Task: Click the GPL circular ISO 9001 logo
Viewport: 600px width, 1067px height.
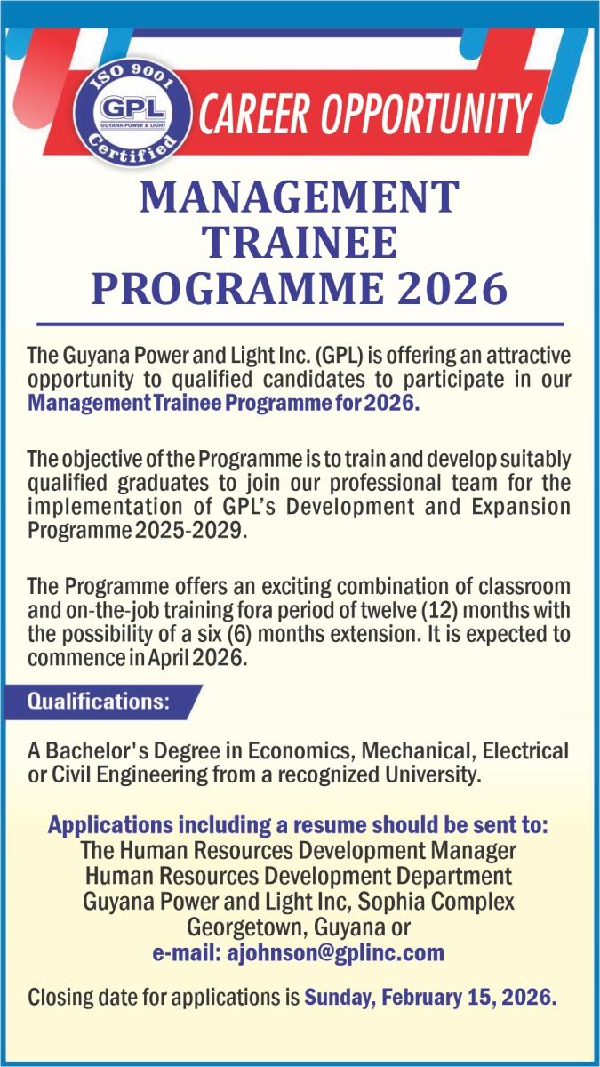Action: click(132, 115)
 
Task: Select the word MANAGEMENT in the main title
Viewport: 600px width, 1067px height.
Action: click(300, 197)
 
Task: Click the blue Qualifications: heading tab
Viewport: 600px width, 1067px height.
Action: click(102, 702)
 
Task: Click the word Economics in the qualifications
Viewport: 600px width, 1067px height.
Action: click(302, 751)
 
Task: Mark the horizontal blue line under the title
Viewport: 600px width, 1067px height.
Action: click(300, 325)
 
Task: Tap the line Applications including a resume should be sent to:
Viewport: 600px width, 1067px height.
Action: click(298, 825)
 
